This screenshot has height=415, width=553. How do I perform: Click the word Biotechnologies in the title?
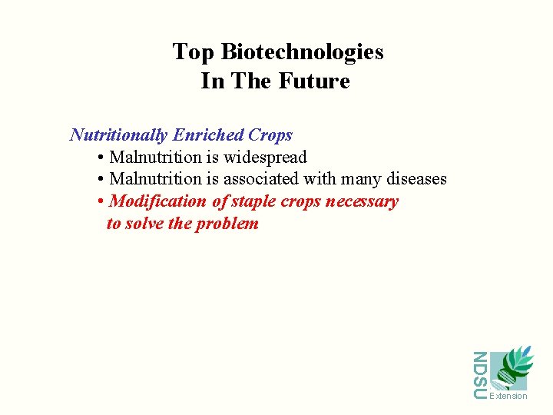[302, 52]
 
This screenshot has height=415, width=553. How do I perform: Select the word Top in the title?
[194, 52]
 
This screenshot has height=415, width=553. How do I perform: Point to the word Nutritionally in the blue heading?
[118, 135]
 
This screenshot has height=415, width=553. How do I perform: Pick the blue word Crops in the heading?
[270, 135]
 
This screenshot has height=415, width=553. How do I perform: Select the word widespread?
[265, 158]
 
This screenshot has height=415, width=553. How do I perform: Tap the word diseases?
[416, 179]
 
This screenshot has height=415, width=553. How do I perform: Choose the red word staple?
[254, 202]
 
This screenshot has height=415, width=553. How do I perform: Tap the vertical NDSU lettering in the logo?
[479, 375]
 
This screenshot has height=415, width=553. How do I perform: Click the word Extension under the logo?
[508, 397]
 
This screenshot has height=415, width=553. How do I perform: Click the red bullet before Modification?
[101, 202]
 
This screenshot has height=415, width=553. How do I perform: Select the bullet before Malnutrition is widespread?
[101, 158]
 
